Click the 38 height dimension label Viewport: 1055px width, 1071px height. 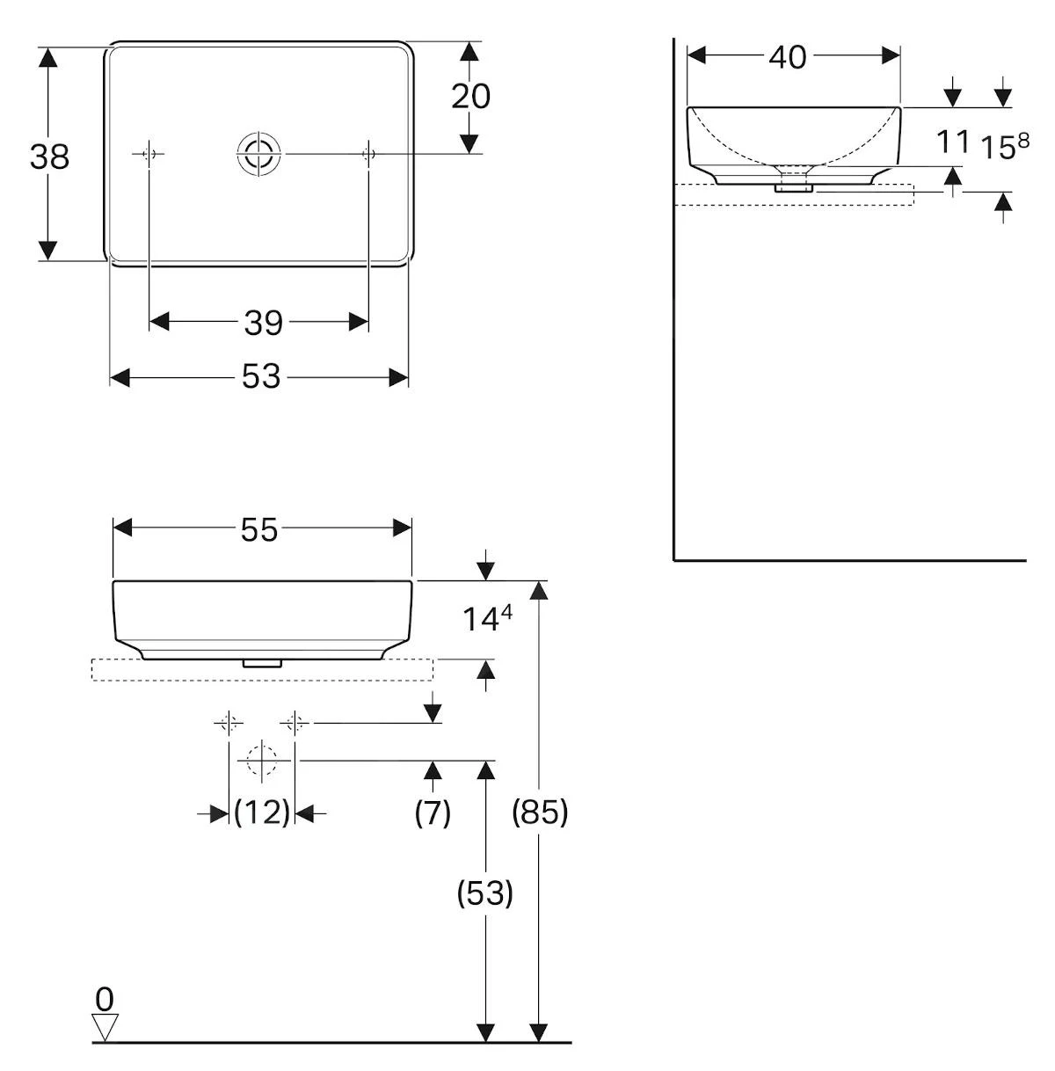click(49, 157)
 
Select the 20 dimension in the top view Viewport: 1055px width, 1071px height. click(470, 96)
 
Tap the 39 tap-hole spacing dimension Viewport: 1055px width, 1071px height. click(263, 323)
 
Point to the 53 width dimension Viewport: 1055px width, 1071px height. click(260, 377)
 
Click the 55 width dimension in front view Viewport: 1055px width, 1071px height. click(259, 529)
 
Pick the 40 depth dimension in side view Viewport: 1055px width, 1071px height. click(787, 57)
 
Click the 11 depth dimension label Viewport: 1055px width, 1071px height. click(952, 141)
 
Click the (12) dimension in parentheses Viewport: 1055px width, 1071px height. click(262, 812)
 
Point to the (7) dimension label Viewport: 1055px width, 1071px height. click(433, 812)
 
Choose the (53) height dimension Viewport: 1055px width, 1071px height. click(484, 893)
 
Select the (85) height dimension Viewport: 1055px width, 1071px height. click(540, 812)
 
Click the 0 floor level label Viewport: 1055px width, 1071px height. click(105, 999)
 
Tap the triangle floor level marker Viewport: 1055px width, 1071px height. click(105, 1026)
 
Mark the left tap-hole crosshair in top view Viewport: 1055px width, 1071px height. click(149, 154)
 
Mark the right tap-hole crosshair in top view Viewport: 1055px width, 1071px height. click(369, 154)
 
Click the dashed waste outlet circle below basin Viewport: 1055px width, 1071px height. click(261, 760)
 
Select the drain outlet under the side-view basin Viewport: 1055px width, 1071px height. click(794, 184)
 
